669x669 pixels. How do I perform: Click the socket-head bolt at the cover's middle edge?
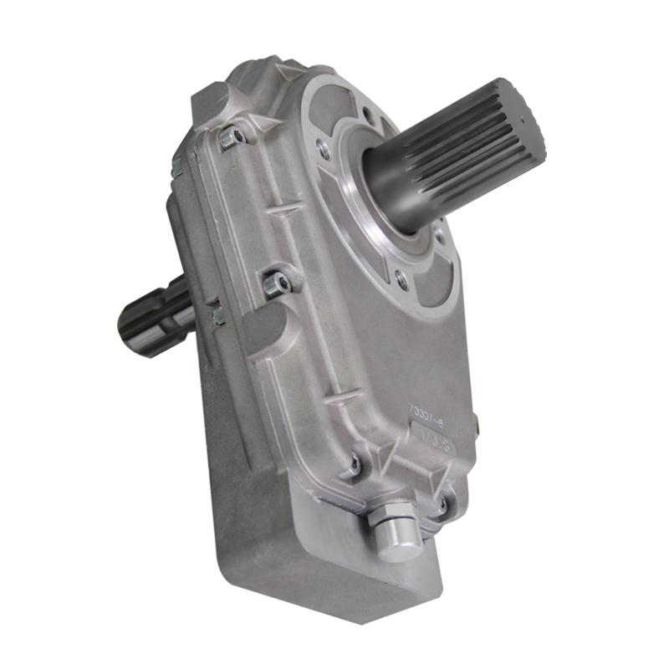(x=280, y=285)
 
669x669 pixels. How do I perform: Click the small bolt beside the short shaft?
(x=218, y=314)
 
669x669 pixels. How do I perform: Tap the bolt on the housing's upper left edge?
(x=177, y=167)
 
